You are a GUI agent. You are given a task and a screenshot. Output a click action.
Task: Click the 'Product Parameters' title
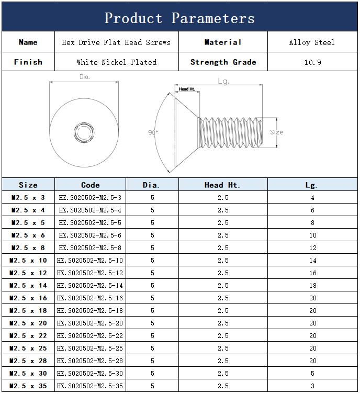point(179,18)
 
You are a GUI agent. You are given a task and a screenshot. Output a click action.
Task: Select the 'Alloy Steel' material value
point(312,42)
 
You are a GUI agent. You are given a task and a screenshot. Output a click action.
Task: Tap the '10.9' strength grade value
point(312,62)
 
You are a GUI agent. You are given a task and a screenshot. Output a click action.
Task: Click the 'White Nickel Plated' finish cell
point(117,62)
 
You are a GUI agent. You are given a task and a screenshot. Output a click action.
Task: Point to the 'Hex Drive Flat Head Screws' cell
point(116,42)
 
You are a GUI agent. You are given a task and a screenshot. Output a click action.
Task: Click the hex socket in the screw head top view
point(84,132)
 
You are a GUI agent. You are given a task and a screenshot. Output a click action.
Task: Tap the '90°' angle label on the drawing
point(153,132)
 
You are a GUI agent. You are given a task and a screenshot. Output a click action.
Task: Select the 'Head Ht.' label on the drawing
point(187,89)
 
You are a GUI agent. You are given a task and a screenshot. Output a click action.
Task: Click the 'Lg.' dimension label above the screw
point(223,81)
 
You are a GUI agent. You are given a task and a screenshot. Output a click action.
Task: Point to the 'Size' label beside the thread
point(277,132)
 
